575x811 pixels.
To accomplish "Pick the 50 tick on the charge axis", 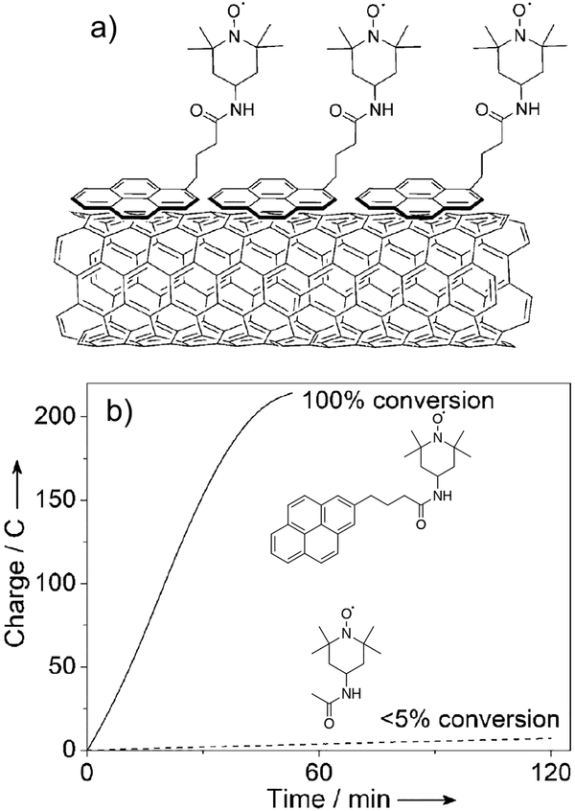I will pyautogui.click(x=67, y=666).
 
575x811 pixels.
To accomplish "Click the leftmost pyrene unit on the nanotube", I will pyautogui.click(x=131, y=197).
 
